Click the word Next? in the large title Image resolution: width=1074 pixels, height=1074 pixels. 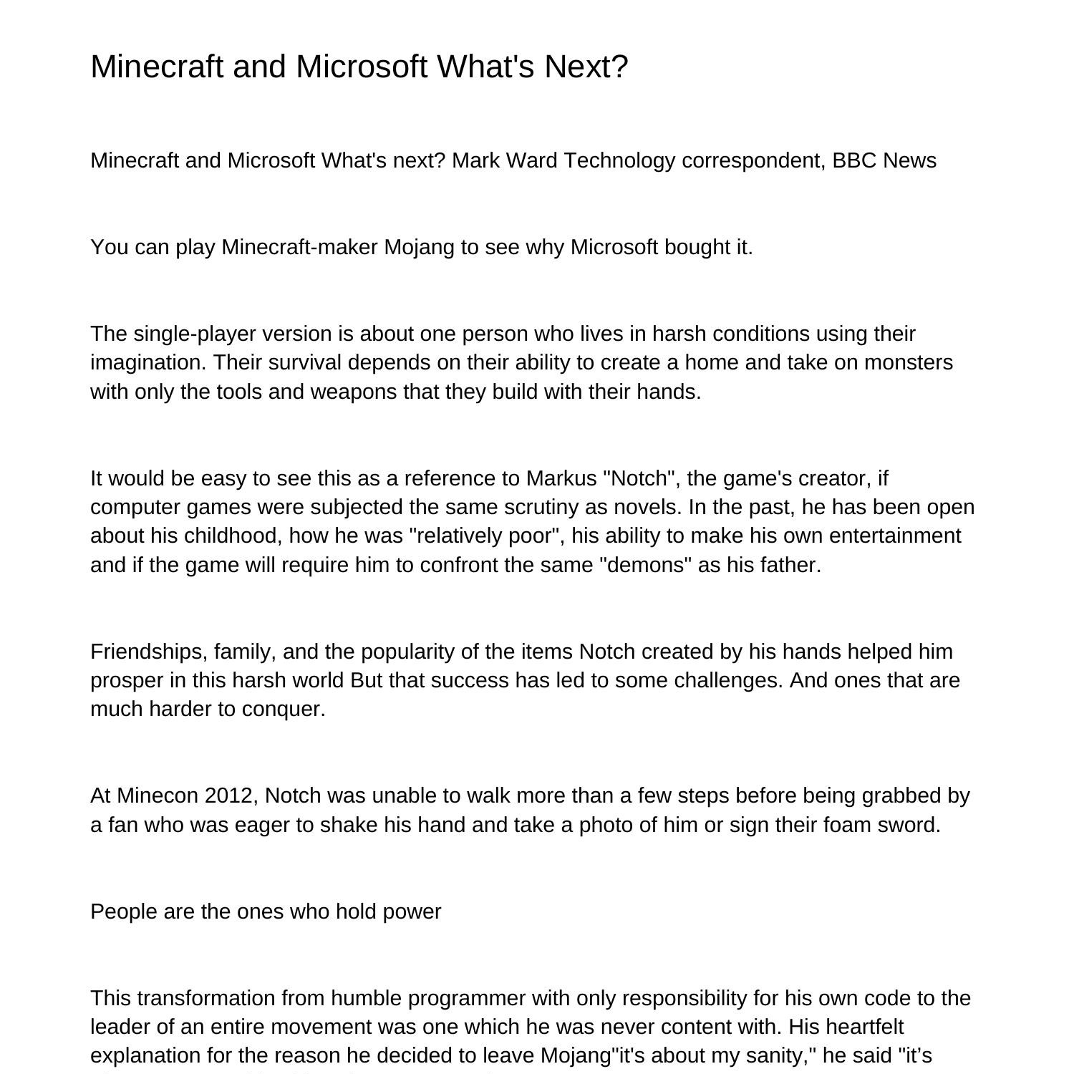pos(586,67)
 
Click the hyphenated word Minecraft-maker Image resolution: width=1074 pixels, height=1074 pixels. pos(299,247)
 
